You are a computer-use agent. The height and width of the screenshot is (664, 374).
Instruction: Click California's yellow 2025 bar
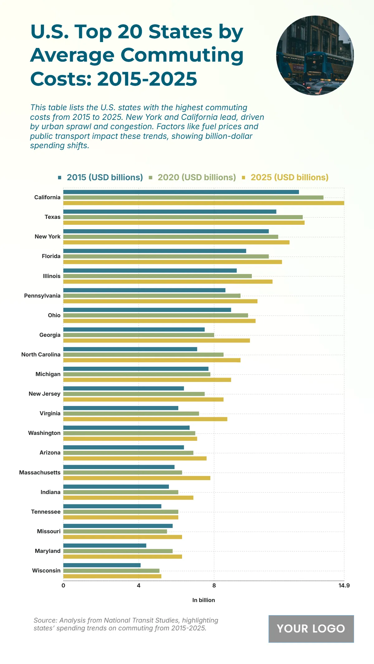tap(204, 203)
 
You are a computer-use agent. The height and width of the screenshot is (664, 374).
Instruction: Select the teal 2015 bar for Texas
tap(170, 212)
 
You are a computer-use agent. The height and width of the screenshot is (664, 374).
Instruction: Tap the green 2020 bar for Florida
tap(166, 256)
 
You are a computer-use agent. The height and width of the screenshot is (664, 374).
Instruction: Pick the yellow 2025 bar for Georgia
tap(156, 341)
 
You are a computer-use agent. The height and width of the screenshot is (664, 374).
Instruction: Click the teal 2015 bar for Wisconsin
tap(102, 565)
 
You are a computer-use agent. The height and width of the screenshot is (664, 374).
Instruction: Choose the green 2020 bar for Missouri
tap(115, 531)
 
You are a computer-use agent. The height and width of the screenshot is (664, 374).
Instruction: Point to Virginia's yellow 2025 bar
tap(145, 419)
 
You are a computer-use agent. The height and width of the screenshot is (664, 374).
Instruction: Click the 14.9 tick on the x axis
tap(344, 586)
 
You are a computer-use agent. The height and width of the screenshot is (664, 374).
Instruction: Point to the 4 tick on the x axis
tap(139, 586)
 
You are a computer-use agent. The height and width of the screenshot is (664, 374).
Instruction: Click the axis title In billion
tap(204, 600)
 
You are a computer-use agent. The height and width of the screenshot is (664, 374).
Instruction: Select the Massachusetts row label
tap(40, 473)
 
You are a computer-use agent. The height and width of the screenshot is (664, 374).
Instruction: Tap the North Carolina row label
tap(41, 355)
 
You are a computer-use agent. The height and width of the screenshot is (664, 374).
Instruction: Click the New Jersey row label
tap(45, 394)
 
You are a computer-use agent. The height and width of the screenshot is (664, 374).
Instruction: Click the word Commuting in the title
tap(182, 55)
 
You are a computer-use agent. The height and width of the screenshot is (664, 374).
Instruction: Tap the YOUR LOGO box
tap(311, 629)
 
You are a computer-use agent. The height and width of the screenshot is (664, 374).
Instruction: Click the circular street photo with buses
tap(315, 55)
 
